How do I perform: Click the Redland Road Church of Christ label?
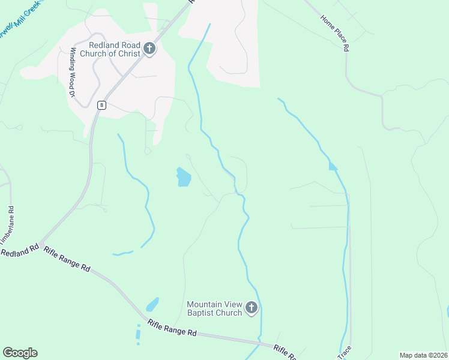coord(114,49)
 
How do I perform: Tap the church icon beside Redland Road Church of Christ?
coord(149,49)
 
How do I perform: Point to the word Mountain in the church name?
coord(204,304)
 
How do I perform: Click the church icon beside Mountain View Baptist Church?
coord(252,308)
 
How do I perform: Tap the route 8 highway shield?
coord(103,105)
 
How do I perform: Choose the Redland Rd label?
coord(20,250)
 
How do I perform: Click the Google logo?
coord(20,353)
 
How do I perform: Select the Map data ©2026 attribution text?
coord(423,355)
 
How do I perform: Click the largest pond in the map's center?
coord(183,176)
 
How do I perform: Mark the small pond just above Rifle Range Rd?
coord(152,304)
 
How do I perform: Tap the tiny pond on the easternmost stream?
coord(333,166)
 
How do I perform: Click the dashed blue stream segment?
coord(138,334)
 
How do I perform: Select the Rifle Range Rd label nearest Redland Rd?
coord(67,260)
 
